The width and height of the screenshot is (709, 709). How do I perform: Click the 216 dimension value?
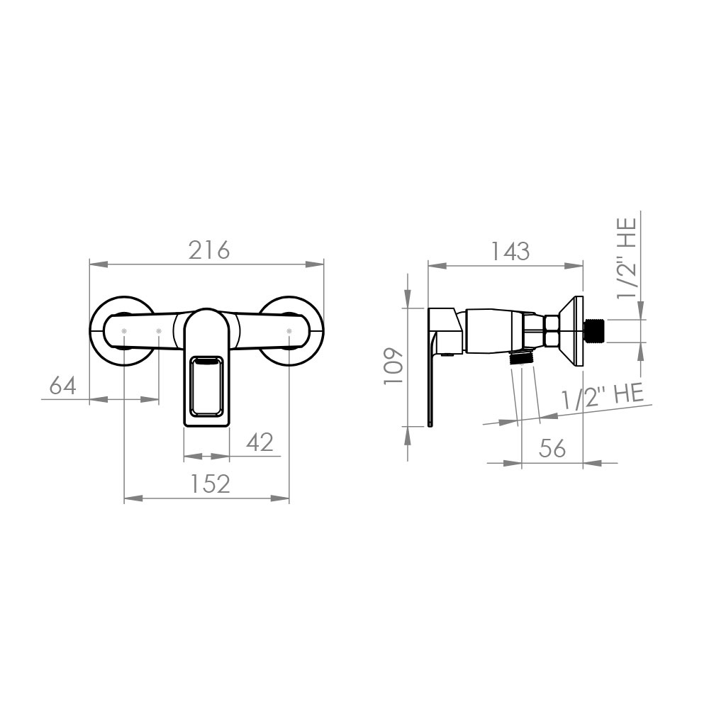tap(209, 250)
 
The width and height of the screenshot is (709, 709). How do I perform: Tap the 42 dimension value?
tap(260, 442)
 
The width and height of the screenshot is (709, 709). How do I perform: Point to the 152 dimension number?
tap(209, 484)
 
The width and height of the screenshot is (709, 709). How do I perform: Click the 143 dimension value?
tap(509, 252)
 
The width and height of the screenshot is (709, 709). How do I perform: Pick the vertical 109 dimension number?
tap(393, 367)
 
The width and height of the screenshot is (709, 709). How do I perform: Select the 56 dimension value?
tap(552, 448)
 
